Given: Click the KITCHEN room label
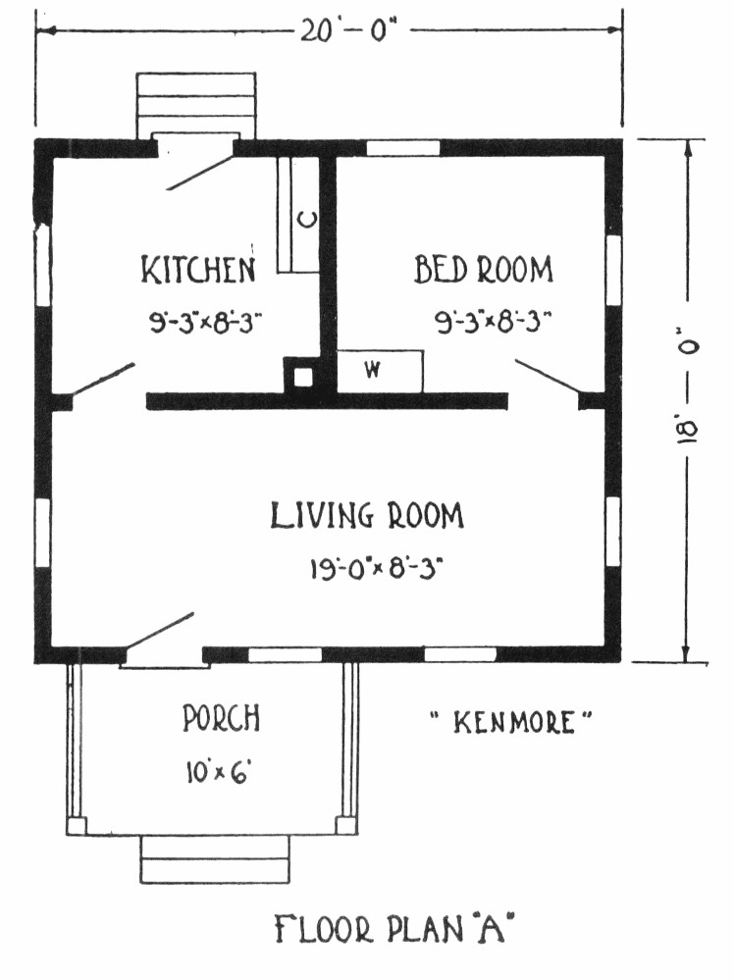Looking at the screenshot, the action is pos(198,270).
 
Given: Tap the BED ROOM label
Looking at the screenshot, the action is pos(484,270).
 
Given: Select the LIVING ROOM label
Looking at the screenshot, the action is pos(367,516).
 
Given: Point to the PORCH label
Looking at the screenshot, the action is pos(222,718).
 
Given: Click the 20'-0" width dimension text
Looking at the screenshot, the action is pos(348,29).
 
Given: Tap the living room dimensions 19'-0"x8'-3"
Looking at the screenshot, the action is pos(377,568).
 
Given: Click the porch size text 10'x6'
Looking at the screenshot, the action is pos(218,772).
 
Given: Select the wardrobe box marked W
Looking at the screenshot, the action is pos(380,371).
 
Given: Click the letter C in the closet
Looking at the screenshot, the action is pos(307,220).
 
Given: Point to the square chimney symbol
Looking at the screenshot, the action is pos(303,377).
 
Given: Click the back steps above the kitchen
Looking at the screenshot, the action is pos(195,105).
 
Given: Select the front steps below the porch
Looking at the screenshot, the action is pos(215,859).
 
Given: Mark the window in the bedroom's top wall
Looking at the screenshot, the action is pos(402,148).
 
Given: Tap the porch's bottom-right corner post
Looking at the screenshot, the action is pos(345,826).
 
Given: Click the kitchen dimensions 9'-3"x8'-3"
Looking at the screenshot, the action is pos(205,323).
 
